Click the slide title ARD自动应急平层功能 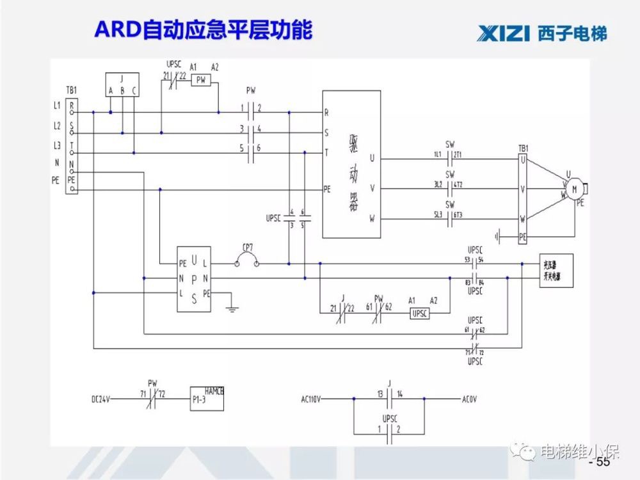tap(204, 29)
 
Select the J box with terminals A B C tap(122, 84)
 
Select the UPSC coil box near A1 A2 tap(419, 314)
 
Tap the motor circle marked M tap(574, 189)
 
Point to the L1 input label tap(58, 104)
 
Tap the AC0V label tap(468, 399)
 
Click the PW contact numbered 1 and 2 tap(251, 113)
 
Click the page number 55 tap(602, 462)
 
